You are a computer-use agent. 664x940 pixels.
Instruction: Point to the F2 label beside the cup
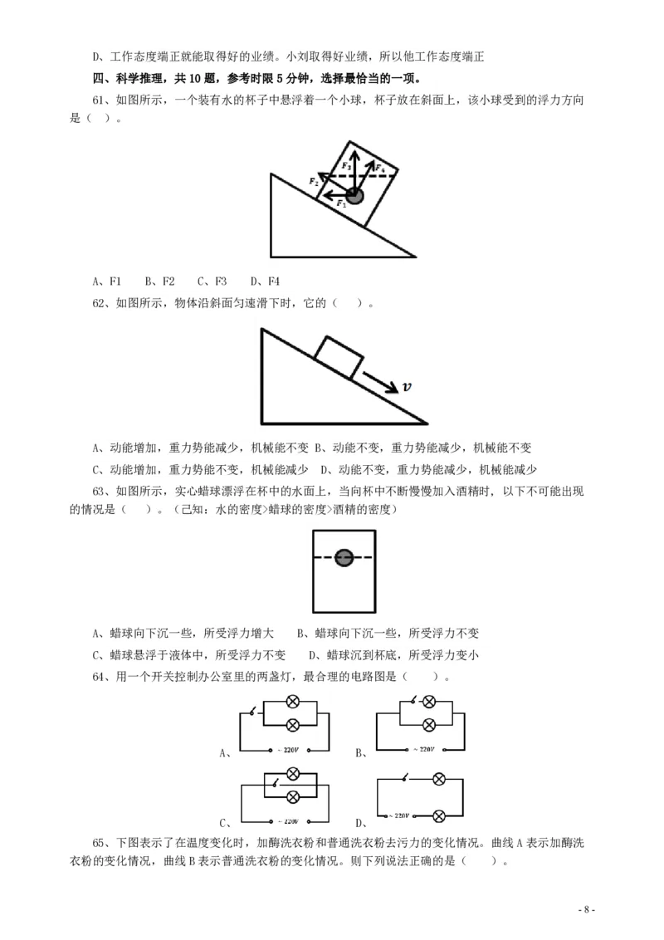(314, 181)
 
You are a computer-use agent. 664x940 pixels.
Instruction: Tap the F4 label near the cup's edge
(379, 169)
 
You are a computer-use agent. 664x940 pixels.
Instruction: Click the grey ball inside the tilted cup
(355, 196)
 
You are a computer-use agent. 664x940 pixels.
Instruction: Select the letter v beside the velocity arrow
(407, 386)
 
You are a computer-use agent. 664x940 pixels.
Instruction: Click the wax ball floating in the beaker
(344, 558)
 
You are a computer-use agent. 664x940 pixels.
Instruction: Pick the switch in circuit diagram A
(252, 712)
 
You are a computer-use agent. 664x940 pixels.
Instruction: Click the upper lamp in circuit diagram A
(292, 703)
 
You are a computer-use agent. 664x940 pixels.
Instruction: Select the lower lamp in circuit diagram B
(429, 724)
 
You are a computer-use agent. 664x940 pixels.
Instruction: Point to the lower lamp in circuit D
(440, 816)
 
